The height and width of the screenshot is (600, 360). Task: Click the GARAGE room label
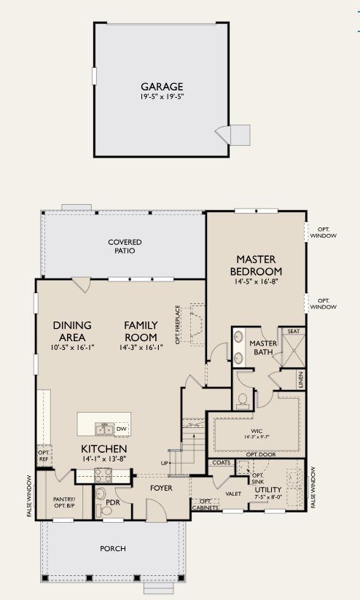(x=162, y=86)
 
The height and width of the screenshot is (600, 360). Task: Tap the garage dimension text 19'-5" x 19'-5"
(x=162, y=97)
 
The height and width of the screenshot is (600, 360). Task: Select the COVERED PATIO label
(x=125, y=246)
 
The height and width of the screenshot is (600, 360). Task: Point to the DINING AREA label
(x=70, y=332)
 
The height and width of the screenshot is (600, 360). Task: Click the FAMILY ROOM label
(x=140, y=332)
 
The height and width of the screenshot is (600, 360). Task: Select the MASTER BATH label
(x=261, y=348)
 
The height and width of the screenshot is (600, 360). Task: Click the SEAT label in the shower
(x=294, y=331)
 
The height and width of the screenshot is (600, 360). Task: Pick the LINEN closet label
(x=300, y=380)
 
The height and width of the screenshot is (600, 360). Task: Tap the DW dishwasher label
(x=121, y=429)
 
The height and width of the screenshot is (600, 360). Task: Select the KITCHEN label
(x=104, y=448)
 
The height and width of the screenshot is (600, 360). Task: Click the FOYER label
(x=161, y=488)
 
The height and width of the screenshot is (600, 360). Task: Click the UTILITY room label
(x=267, y=490)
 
